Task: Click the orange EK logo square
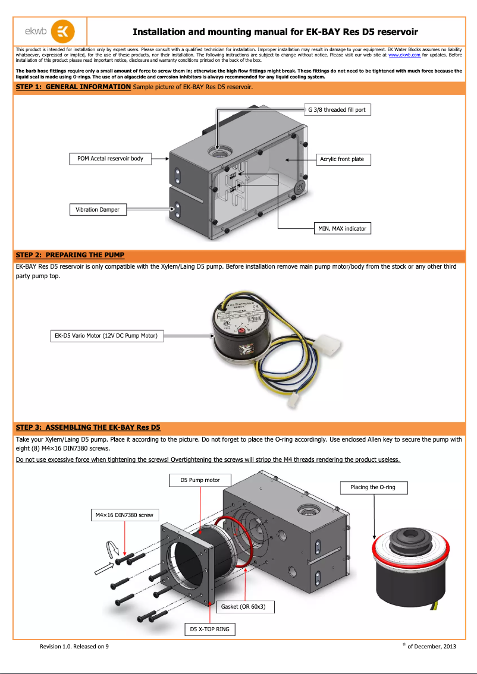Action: [x=63, y=32]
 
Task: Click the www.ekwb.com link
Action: [x=404, y=55]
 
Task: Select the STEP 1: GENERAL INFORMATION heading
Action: [x=73, y=87]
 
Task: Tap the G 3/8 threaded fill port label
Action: [x=337, y=110]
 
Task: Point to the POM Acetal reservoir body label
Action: [x=110, y=159]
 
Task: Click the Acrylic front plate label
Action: [x=341, y=159]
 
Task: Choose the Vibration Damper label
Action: [x=98, y=210]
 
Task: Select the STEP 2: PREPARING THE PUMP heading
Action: [x=70, y=255]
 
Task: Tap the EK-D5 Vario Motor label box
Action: [x=106, y=336]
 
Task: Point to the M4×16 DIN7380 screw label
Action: [x=124, y=515]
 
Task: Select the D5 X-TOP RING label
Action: [x=209, y=629]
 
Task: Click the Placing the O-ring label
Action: [x=373, y=487]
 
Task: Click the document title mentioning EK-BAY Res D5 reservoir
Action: [x=275, y=32]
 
